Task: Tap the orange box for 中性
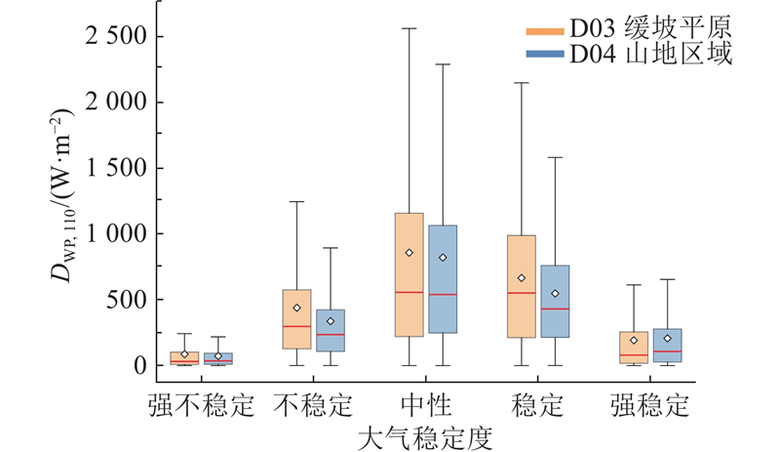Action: [x=409, y=274]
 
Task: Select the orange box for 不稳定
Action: [x=296, y=319]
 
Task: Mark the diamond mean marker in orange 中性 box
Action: [x=409, y=253]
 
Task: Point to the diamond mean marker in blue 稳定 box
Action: [x=555, y=293]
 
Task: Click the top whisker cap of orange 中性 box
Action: [x=409, y=28]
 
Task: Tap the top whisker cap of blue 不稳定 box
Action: [x=331, y=248]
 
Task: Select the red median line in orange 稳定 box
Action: [x=521, y=293]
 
